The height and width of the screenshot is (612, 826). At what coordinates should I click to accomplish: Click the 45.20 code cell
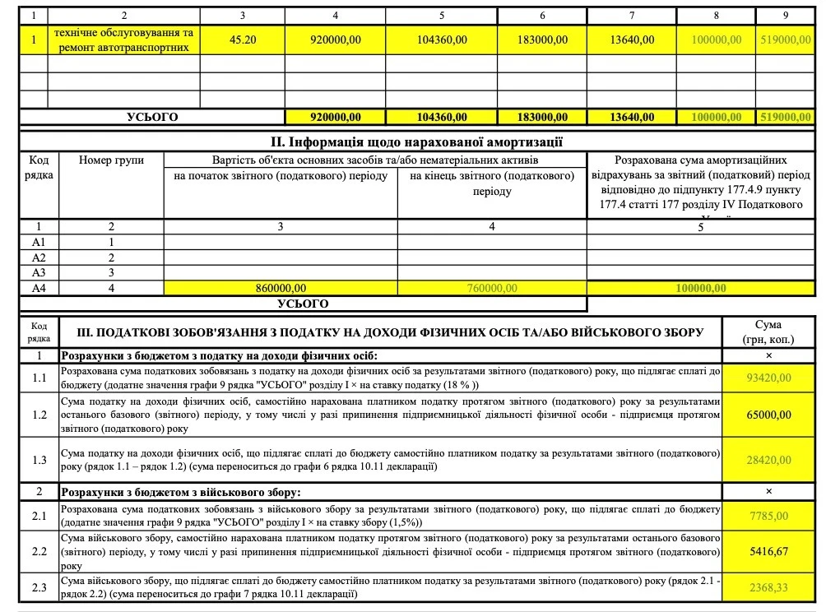243,39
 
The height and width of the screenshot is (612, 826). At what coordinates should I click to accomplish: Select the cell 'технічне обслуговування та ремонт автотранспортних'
123,39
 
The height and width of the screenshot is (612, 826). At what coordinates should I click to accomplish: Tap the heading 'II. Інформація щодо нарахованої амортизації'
417,142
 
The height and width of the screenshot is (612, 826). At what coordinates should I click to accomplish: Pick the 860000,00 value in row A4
281,288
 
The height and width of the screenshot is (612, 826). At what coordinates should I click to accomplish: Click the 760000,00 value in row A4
492,288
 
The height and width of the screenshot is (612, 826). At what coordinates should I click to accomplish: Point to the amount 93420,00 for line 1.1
768,378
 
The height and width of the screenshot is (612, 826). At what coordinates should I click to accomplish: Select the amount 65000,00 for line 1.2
768,415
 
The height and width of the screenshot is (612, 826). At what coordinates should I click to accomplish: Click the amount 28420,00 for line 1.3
768,460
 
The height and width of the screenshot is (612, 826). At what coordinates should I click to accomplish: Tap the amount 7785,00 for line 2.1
768,516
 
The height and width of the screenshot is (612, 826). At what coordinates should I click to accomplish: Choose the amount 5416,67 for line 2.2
768,551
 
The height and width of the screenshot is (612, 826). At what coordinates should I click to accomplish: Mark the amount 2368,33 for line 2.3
768,587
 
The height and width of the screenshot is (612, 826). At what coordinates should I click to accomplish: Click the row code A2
38,257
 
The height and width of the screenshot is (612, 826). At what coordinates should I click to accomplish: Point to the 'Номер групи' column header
111,160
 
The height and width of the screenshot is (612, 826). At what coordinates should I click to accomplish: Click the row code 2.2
39,551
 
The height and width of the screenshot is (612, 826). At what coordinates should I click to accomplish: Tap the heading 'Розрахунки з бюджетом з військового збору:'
182,491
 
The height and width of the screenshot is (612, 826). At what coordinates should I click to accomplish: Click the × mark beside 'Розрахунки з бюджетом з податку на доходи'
768,355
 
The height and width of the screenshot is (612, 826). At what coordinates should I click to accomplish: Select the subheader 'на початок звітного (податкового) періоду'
281,177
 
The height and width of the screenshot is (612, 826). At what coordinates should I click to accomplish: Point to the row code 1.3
39,460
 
